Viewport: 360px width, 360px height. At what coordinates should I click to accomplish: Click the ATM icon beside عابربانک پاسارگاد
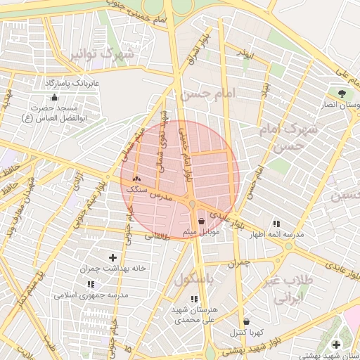coord(55,96)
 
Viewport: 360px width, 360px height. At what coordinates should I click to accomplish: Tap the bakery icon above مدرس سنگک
coord(136,180)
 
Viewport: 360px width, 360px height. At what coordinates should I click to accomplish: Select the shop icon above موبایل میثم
coord(202,221)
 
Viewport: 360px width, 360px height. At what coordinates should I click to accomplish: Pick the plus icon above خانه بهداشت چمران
coord(113,258)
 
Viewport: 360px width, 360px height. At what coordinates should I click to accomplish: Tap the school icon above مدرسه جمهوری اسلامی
coord(91,284)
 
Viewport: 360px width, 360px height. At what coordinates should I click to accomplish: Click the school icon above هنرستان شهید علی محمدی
coord(194,299)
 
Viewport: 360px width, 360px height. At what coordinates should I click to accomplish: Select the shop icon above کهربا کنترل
coord(245,321)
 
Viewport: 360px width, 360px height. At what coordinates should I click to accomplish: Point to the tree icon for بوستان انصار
coord(342,94)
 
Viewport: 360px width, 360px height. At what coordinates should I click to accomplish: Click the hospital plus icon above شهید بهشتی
coord(336,344)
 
